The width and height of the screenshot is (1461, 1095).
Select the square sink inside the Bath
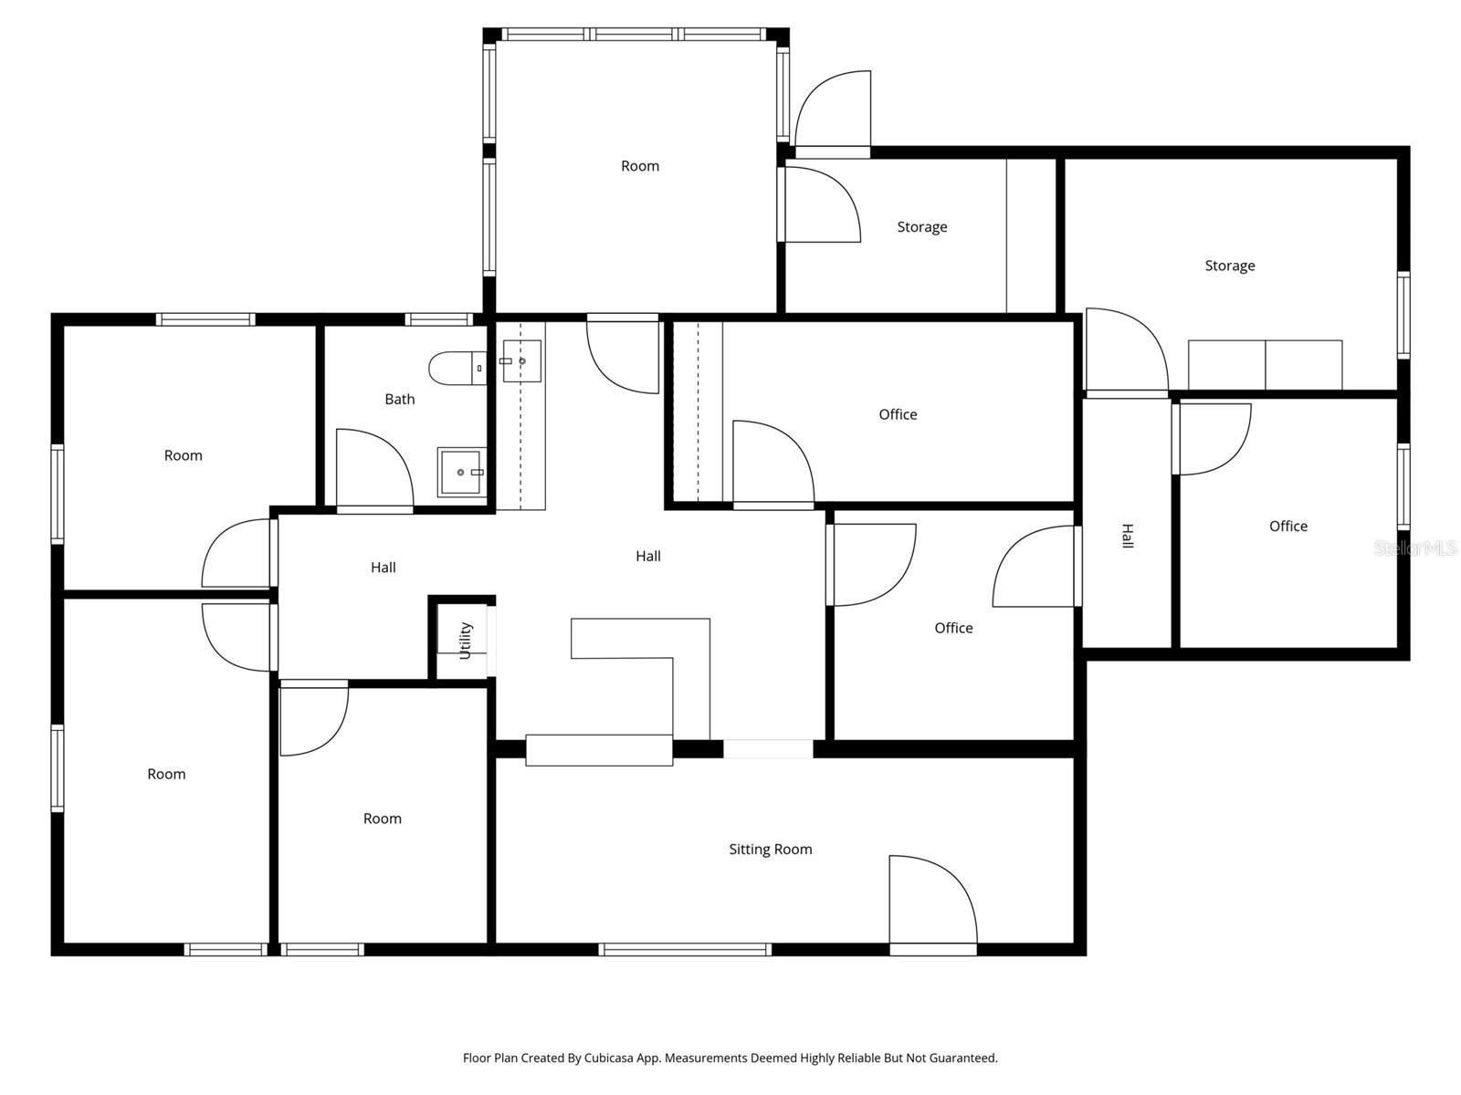pyautogui.click(x=461, y=472)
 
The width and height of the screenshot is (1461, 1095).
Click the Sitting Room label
pyautogui.click(x=770, y=850)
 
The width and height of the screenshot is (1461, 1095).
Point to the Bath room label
pyautogui.click(x=399, y=400)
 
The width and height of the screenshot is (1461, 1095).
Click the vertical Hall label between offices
pyautogui.click(x=1127, y=537)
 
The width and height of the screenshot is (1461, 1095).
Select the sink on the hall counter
pyautogui.click(x=521, y=360)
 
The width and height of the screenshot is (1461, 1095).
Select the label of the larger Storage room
pyautogui.click(x=1229, y=266)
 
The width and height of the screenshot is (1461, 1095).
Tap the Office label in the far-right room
pyautogui.click(x=1288, y=527)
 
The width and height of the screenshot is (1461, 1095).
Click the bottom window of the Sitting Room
pyautogui.click(x=685, y=950)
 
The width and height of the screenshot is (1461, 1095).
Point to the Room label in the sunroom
pyautogui.click(x=639, y=166)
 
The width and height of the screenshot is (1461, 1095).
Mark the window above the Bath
pyautogui.click(x=438, y=319)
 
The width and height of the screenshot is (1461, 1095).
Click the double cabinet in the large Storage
pyautogui.click(x=1265, y=365)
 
